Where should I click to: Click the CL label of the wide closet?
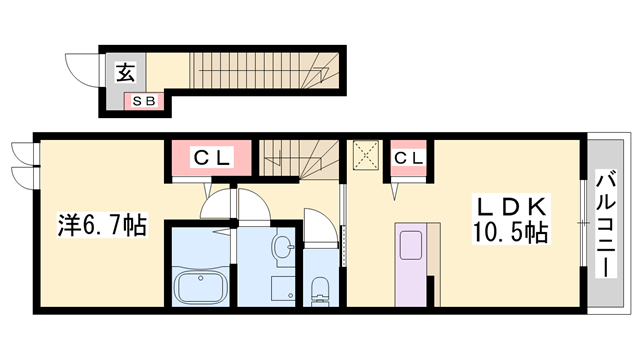tap(212, 157)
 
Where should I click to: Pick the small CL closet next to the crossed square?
tap(407, 157)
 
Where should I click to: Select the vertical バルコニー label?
tap(605, 224)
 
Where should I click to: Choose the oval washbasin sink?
tap(280, 244)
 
